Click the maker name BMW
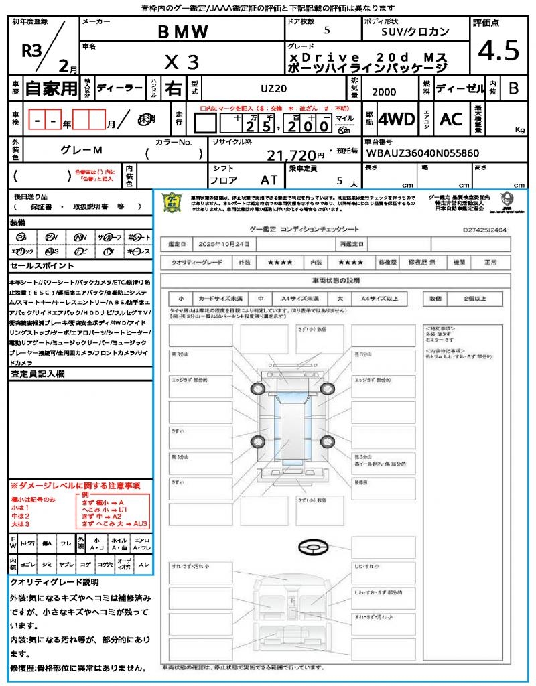click(183, 31)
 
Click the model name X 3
click(182, 62)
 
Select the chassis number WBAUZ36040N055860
click(423, 153)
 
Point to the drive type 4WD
click(396, 119)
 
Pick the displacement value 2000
click(384, 92)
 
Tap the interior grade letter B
click(513, 88)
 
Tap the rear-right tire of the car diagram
click(327, 441)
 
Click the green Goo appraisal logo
click(173, 202)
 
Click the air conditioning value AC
click(451, 119)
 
